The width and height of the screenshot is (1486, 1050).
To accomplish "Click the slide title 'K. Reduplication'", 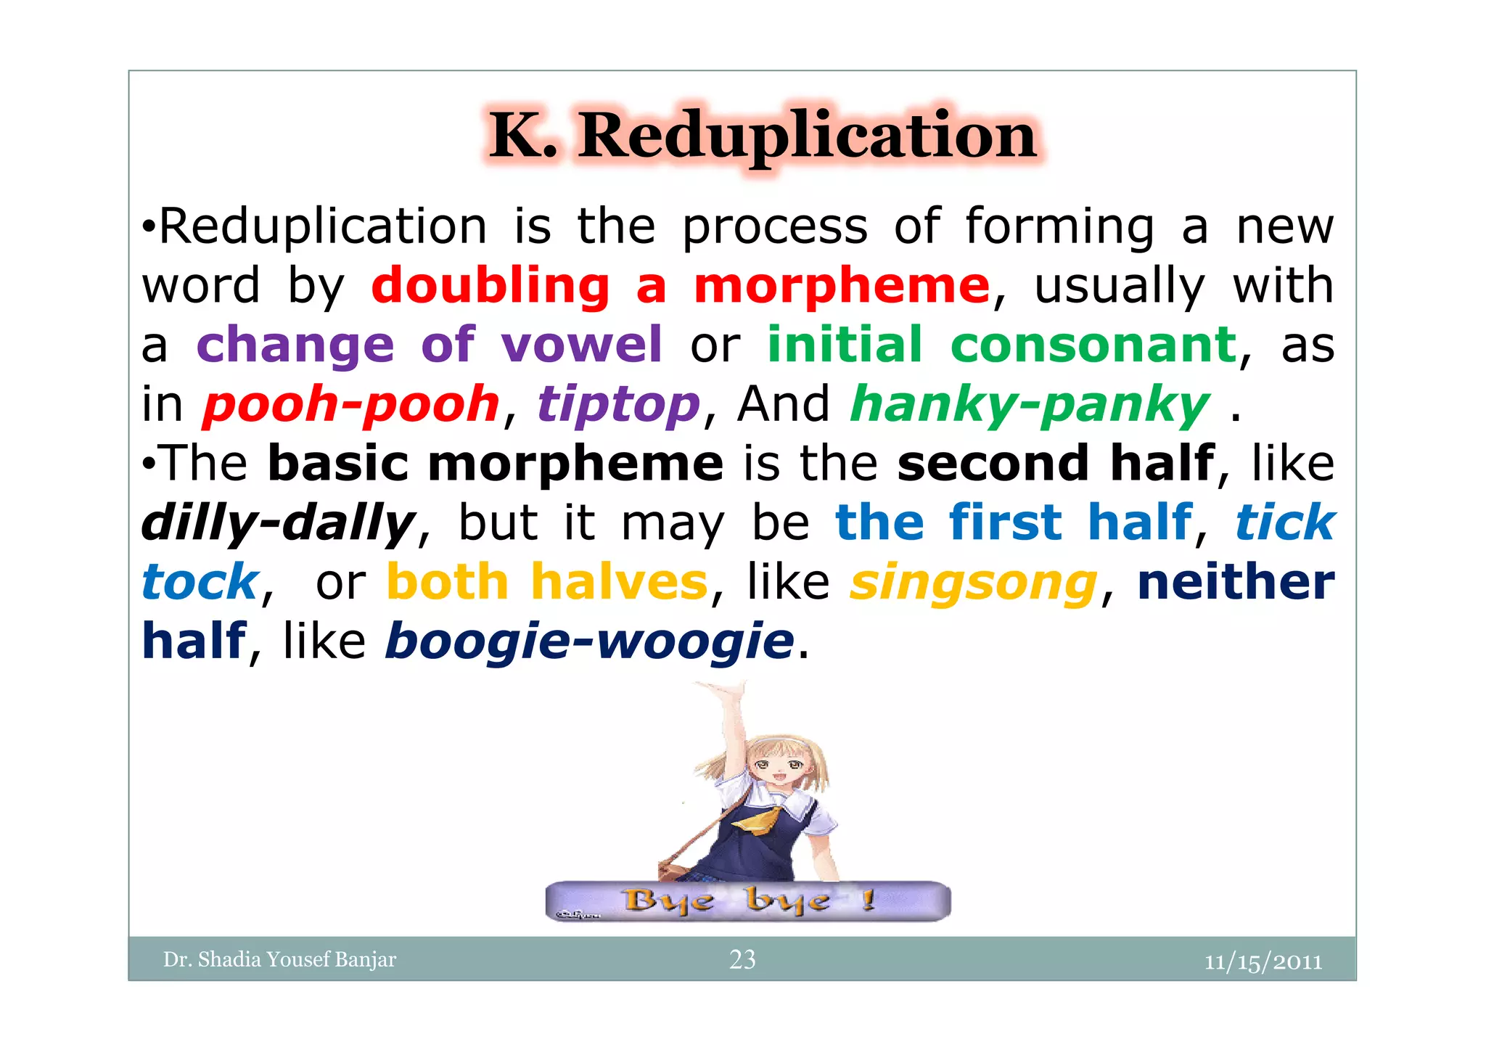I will tap(763, 136).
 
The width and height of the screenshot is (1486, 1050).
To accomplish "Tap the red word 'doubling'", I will tap(490, 285).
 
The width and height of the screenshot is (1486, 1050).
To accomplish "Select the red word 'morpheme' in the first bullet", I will tap(842, 285).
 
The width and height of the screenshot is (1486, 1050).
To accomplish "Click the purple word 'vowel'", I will tap(581, 345).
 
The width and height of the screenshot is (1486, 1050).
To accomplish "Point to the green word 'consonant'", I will tap(1093, 345).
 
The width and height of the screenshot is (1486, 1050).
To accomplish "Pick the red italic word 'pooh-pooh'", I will tap(351, 404).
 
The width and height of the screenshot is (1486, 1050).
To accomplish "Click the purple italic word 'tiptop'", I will tap(618, 404).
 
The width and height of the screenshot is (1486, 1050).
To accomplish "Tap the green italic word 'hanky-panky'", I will tap(1030, 404).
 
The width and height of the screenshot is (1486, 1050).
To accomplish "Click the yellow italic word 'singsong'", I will tap(973, 582).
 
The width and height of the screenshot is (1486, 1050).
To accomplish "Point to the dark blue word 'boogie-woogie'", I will tap(589, 641).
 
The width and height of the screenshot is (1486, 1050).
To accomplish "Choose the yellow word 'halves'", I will tap(619, 582).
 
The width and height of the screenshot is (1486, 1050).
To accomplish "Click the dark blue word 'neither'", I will tap(1236, 582).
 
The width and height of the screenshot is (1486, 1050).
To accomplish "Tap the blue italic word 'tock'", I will tap(200, 582).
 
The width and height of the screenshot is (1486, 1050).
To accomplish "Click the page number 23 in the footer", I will tap(742, 959).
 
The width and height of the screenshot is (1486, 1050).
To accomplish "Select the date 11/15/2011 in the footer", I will tap(1263, 961).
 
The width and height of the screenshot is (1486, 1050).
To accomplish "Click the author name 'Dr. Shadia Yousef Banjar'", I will tap(279, 959).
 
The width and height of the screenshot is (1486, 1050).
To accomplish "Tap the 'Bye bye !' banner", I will tap(747, 901).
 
